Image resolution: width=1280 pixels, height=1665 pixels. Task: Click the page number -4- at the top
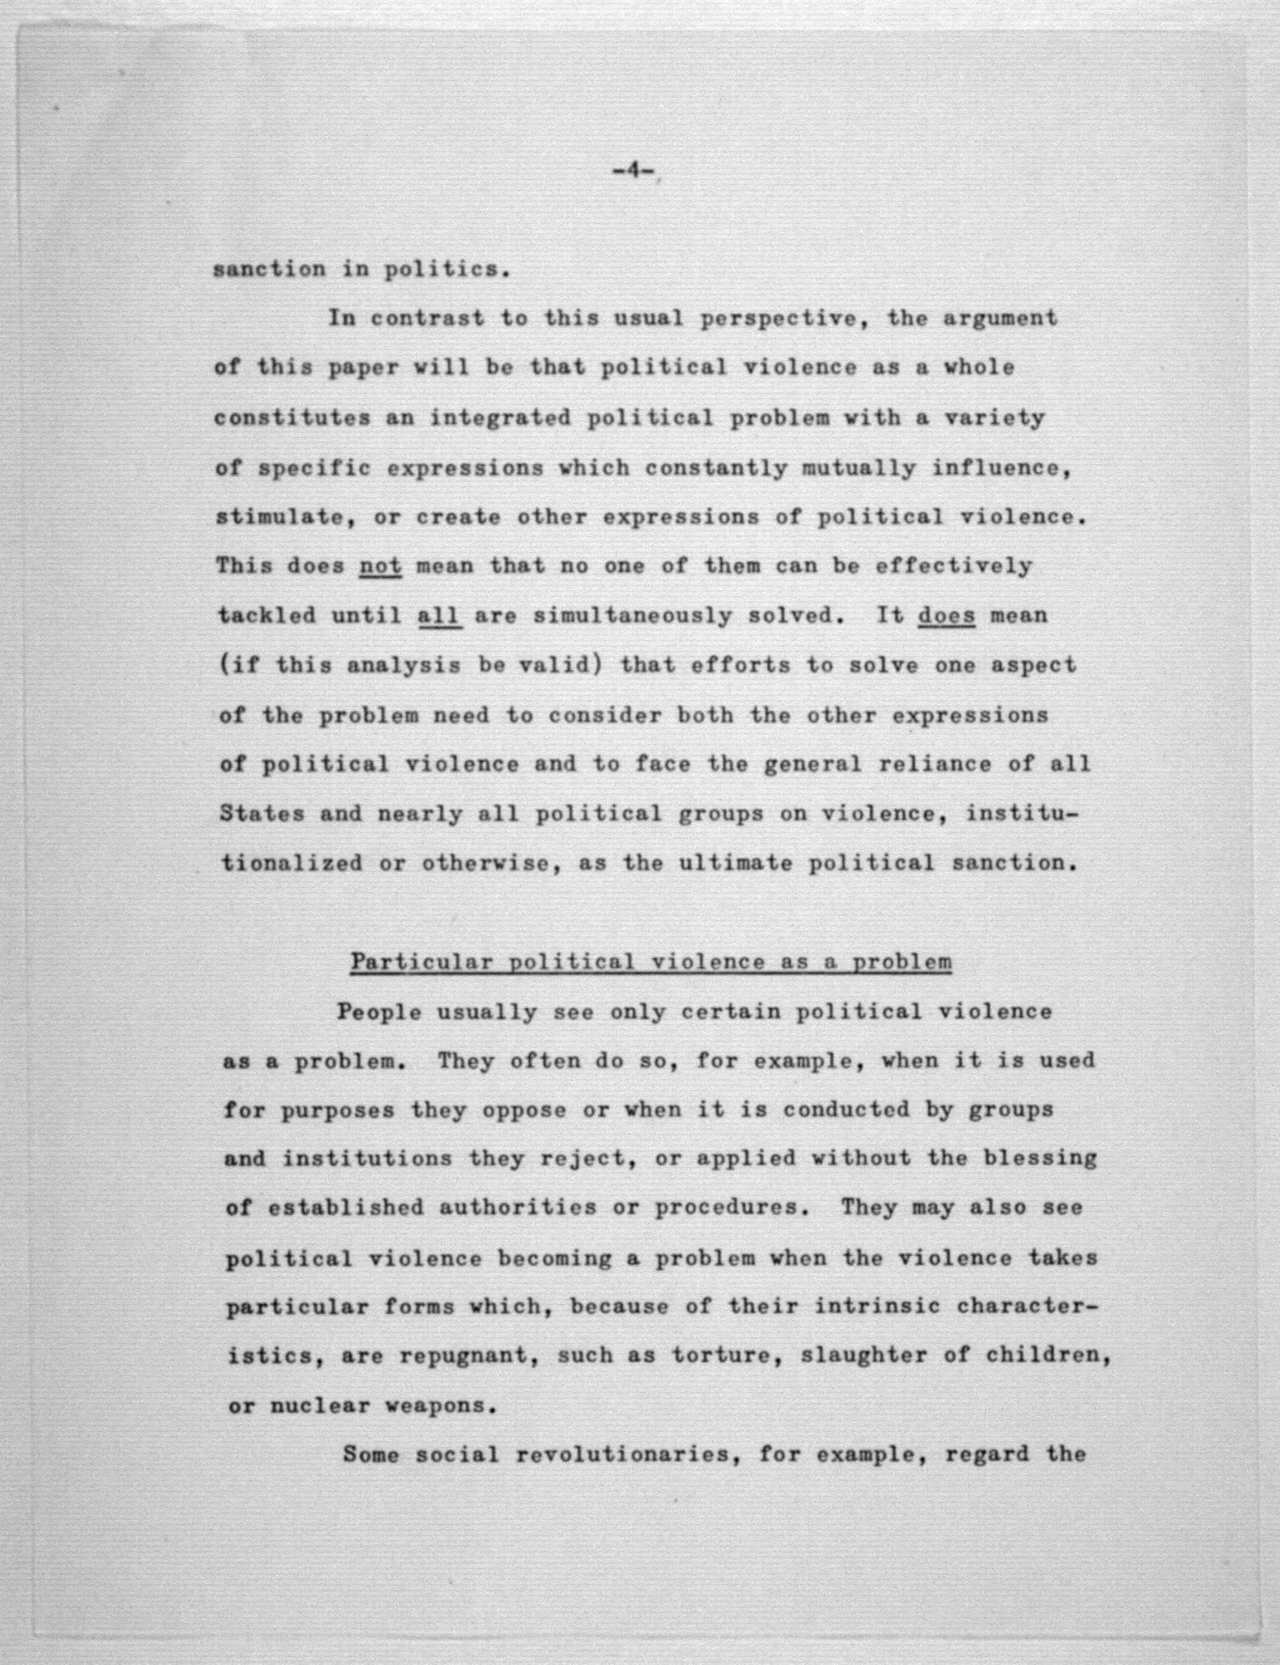pos(633,172)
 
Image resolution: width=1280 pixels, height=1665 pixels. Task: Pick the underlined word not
pos(380,567)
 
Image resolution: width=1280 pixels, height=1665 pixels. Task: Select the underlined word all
pos(440,615)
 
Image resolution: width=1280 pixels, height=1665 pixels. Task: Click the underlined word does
pos(946,615)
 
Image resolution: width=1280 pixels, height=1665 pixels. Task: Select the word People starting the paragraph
pos(379,1012)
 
